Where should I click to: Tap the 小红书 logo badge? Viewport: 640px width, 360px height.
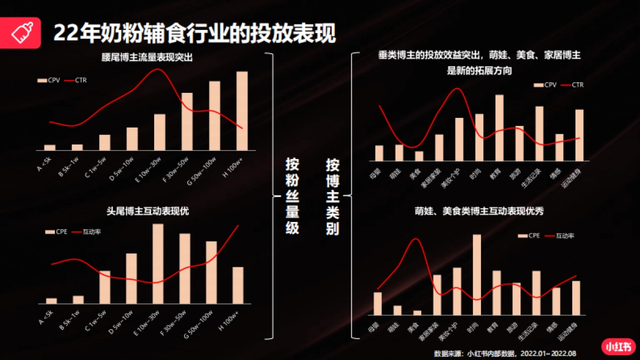pos(618,347)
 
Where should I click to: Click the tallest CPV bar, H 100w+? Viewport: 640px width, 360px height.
pos(242,110)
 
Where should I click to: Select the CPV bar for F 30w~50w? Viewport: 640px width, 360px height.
pos(187,122)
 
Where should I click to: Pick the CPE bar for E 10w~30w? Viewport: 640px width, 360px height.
pos(158,263)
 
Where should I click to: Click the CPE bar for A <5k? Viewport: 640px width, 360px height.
pos(51,301)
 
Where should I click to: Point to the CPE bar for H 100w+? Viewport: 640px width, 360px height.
pos(238,285)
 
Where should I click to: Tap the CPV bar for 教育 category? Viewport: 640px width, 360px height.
pos(499,127)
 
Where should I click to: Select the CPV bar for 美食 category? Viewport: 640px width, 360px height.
pos(419,156)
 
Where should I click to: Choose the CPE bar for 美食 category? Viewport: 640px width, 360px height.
pos(417,313)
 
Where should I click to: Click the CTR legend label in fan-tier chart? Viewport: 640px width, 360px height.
pos(81,81)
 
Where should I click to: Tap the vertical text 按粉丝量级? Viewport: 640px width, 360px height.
pos(292,196)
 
